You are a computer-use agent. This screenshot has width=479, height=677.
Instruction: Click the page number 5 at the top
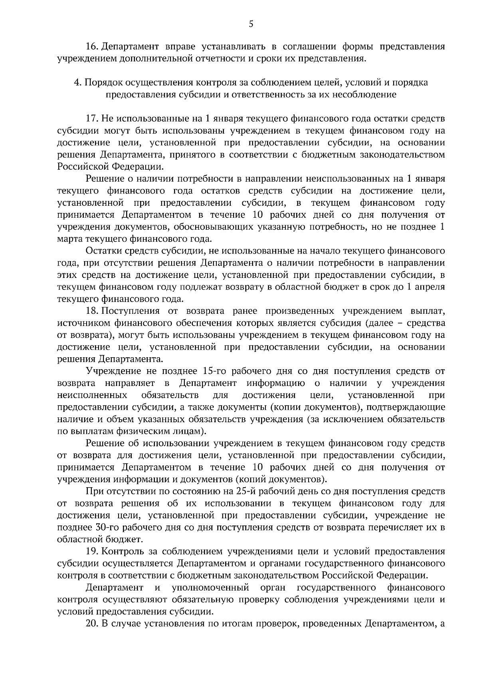click(251, 24)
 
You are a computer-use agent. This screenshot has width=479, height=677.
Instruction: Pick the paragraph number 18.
click(92, 311)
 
